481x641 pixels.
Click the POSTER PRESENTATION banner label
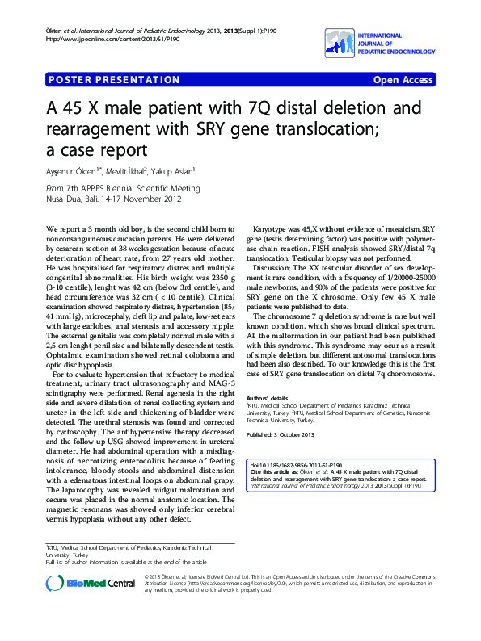(114, 80)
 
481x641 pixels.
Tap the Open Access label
(403, 80)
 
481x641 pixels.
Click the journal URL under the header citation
(113, 39)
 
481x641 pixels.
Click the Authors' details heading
(268, 399)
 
